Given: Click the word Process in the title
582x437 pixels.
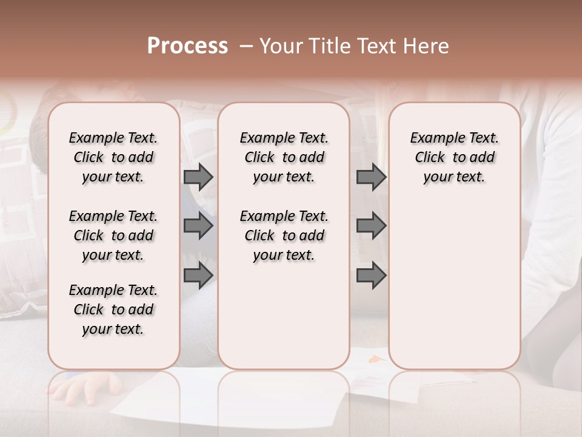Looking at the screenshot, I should tap(187, 46).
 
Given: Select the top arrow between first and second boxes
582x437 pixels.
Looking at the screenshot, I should tap(198, 177).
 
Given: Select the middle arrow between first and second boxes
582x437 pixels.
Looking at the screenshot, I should tap(198, 226).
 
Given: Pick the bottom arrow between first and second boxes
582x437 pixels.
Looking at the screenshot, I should tap(198, 276).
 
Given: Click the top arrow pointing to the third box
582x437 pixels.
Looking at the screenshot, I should tap(371, 177).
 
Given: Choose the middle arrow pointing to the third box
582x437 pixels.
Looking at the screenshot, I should tap(371, 226).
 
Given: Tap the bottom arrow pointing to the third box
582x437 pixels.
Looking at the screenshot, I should tap(371, 276).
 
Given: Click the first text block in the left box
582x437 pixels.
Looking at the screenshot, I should tap(113, 157).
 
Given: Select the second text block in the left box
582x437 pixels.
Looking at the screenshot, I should tap(113, 235).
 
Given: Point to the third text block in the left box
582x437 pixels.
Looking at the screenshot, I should tap(113, 310).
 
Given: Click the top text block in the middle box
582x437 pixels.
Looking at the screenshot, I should tap(284, 157).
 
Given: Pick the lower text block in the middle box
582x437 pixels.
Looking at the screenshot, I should tap(284, 235).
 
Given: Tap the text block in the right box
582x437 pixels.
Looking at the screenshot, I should tap(454, 157).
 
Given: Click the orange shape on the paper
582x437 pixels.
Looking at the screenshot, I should tap(377, 359).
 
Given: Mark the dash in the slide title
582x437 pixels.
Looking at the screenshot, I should tap(246, 46).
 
